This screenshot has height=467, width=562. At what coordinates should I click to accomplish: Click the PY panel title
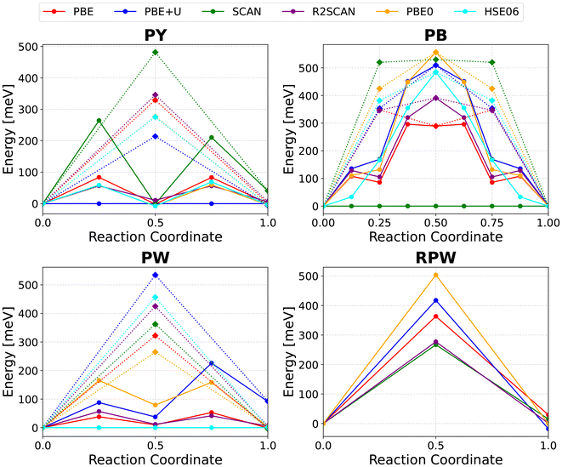[155, 37]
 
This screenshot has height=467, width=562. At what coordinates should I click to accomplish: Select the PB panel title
[434, 37]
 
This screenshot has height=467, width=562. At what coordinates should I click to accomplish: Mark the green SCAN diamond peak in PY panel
[155, 52]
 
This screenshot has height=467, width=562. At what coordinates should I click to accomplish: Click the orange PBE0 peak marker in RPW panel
[435, 275]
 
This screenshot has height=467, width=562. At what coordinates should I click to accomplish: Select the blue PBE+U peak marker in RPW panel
[435, 300]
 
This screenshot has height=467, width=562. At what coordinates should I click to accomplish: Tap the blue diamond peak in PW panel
[155, 275]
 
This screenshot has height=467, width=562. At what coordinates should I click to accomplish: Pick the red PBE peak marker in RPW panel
[435, 316]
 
